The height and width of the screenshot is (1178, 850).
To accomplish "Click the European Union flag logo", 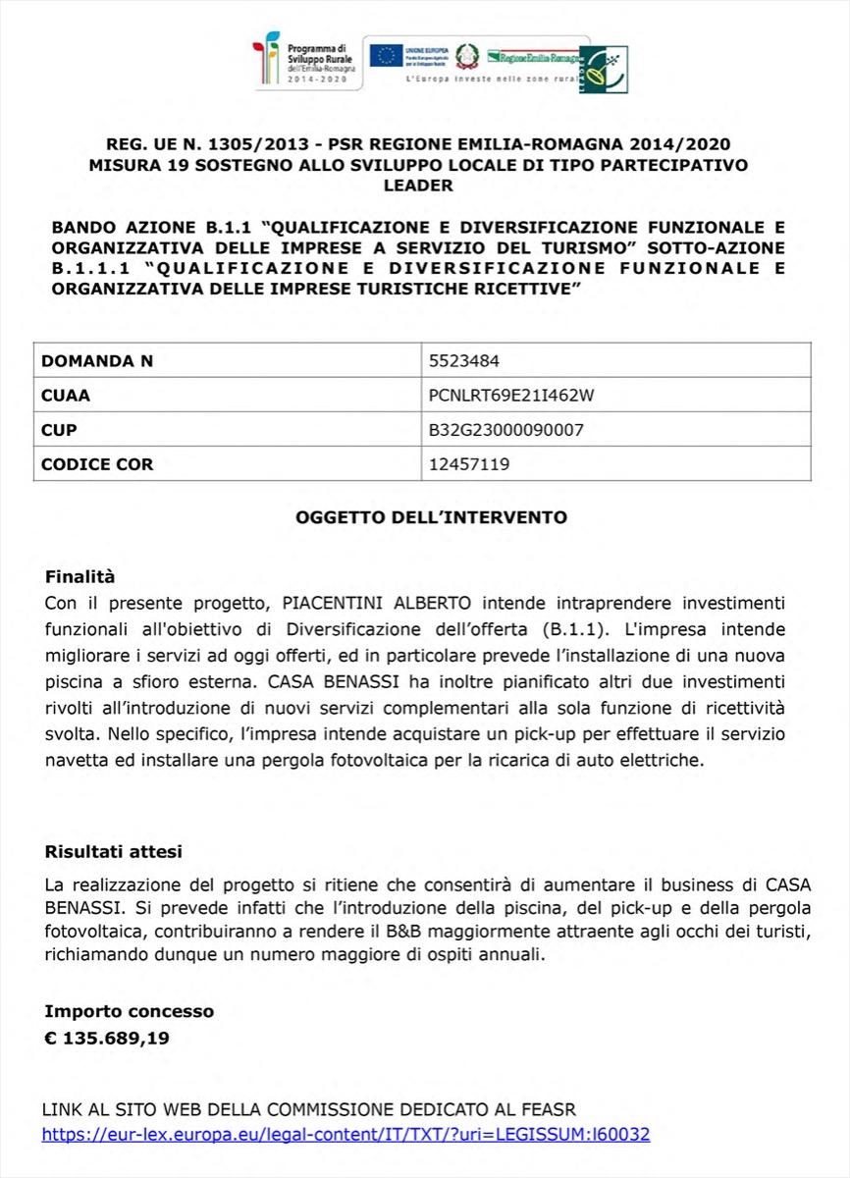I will point(386,55).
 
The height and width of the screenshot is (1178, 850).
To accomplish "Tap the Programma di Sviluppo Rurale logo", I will point(307,61).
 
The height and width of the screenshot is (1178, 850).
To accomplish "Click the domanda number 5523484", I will point(464,360).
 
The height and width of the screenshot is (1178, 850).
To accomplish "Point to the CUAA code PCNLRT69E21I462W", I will point(511,396).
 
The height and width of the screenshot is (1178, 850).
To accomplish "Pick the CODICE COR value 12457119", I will point(469,464).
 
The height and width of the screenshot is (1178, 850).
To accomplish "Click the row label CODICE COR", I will point(97,464).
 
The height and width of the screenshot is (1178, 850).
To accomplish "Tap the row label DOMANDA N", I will point(97,360).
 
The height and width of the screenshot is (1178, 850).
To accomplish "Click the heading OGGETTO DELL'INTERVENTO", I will point(431,516).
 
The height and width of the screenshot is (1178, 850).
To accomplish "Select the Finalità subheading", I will point(80,576).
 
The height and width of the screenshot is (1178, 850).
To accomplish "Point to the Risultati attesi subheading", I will point(113,851).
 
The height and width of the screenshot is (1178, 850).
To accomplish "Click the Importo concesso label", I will point(129,1010).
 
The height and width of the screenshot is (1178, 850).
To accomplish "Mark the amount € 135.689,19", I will point(107,1037).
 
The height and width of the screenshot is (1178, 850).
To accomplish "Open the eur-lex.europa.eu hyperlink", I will point(345,1134).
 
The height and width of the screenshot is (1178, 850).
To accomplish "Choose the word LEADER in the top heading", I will point(418,185).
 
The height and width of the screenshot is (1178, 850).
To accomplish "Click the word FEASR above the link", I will point(549,1109).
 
